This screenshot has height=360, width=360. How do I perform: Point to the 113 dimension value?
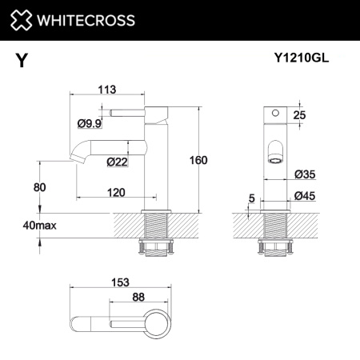(x=106, y=90)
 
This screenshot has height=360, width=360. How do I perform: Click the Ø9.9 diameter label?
(x=89, y=122)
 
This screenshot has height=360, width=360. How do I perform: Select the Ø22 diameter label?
(x=118, y=162)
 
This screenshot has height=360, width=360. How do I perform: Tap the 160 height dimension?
(x=198, y=160)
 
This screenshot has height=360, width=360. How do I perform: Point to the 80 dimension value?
(x=40, y=187)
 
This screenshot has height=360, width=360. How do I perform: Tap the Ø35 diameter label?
(x=303, y=174)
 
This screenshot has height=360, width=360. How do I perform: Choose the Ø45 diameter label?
(x=303, y=196)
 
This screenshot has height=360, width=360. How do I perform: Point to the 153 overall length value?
(x=120, y=281)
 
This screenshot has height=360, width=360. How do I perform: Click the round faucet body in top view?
(x=156, y=326)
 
